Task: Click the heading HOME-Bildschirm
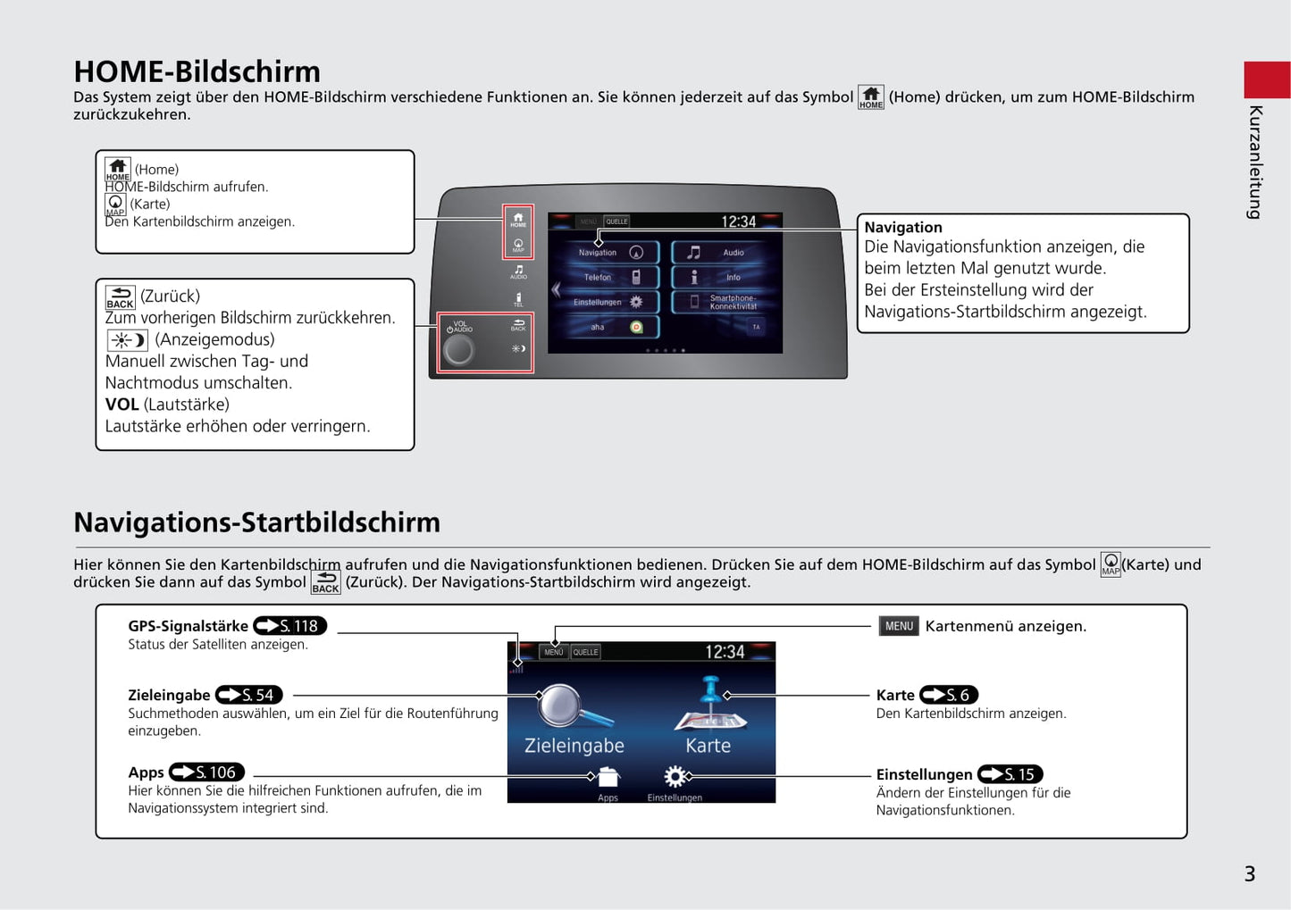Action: (197, 71)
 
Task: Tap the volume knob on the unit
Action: (459, 351)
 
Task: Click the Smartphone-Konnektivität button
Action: (726, 302)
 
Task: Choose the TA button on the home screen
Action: (756, 327)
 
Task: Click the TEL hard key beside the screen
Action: (518, 299)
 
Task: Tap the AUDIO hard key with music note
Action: (518, 271)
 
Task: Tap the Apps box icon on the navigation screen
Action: (608, 777)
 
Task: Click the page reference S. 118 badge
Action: (290, 626)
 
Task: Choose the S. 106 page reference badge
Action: (206, 772)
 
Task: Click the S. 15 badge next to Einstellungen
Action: (1010, 774)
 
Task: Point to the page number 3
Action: (1249, 873)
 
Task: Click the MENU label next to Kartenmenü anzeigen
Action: (899, 626)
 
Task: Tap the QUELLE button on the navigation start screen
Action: (586, 652)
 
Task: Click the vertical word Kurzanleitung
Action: (1255, 162)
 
